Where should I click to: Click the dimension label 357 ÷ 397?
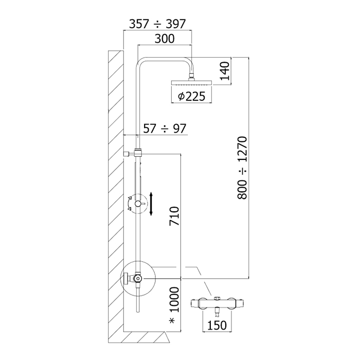coord(157,24)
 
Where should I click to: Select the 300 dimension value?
coord(165,39)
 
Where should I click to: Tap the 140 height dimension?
coord(225,71)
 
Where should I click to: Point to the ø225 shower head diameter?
coord(191,97)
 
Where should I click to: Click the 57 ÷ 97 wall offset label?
coord(165,129)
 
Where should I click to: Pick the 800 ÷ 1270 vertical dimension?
coord(242,168)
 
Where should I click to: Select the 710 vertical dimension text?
coord(174,216)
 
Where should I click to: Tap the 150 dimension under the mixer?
coord(217,325)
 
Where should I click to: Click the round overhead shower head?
coord(191,83)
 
